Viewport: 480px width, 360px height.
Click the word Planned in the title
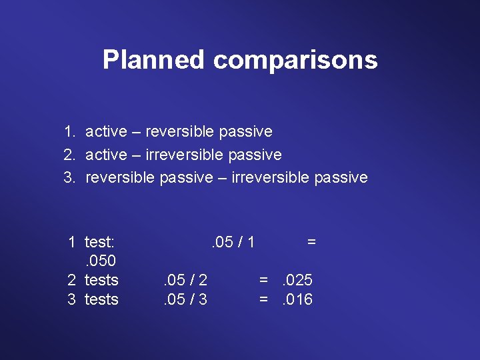(x=153, y=60)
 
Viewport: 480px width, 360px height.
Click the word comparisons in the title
(x=295, y=60)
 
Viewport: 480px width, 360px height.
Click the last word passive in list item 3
(x=341, y=177)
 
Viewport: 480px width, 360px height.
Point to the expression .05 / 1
(x=233, y=241)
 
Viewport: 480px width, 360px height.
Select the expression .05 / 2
(x=185, y=280)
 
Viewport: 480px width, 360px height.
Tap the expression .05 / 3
(x=185, y=299)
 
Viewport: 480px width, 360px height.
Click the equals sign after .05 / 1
(x=311, y=241)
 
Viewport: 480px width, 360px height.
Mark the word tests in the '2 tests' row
(x=101, y=280)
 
